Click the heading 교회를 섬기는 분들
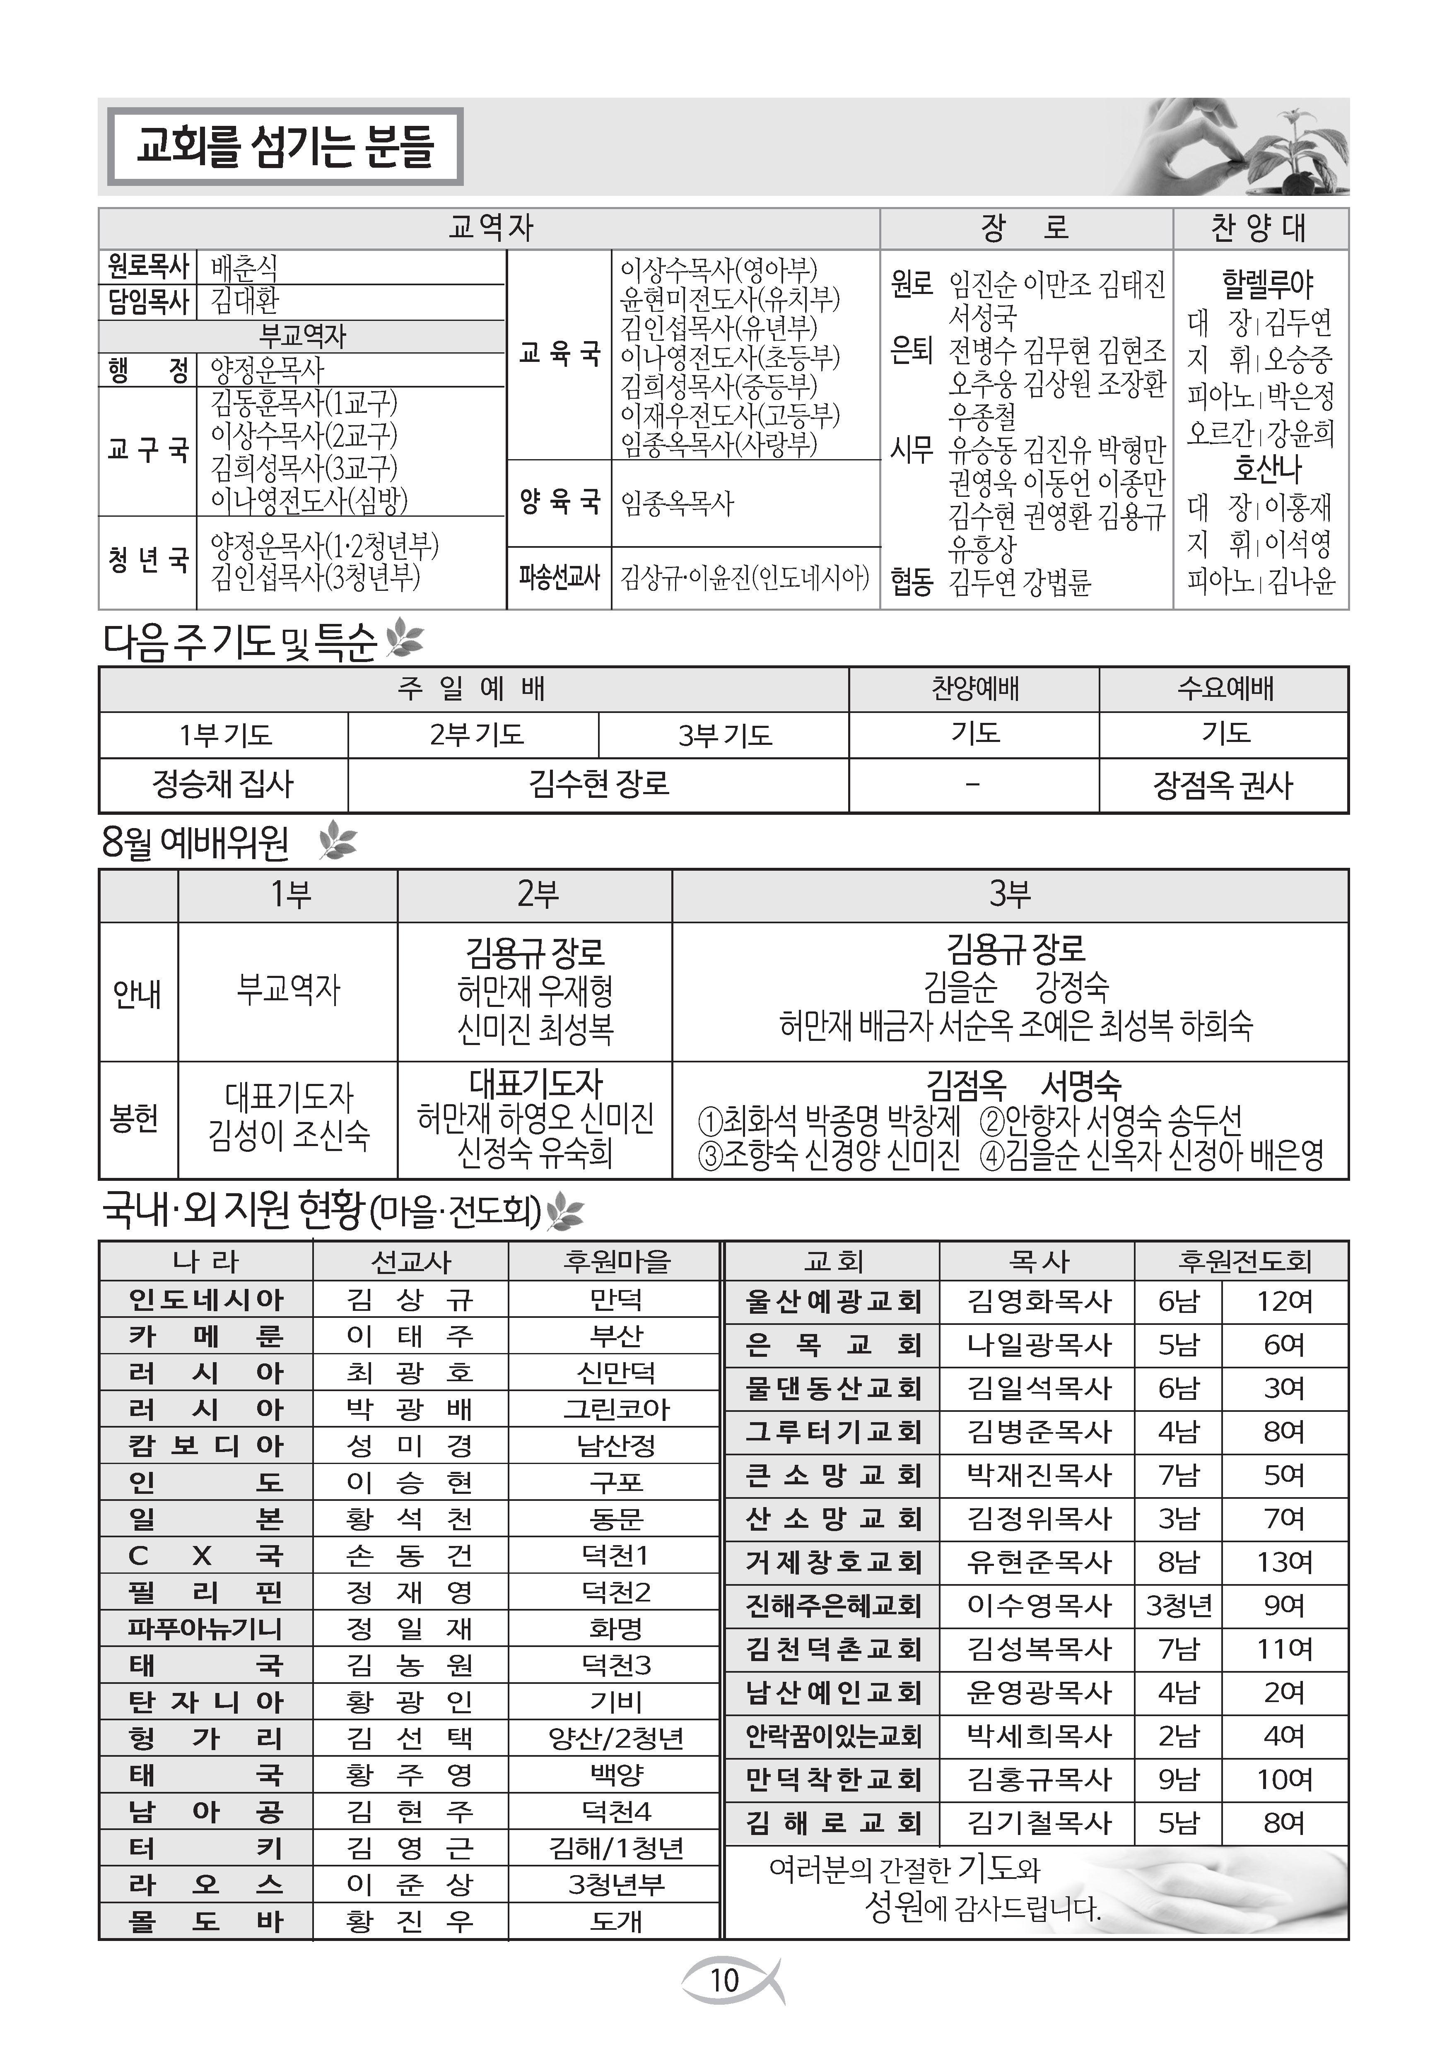pyautogui.click(x=285, y=147)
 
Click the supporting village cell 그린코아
pyautogui.click(x=616, y=1409)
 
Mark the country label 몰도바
pyautogui.click(x=205, y=1921)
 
